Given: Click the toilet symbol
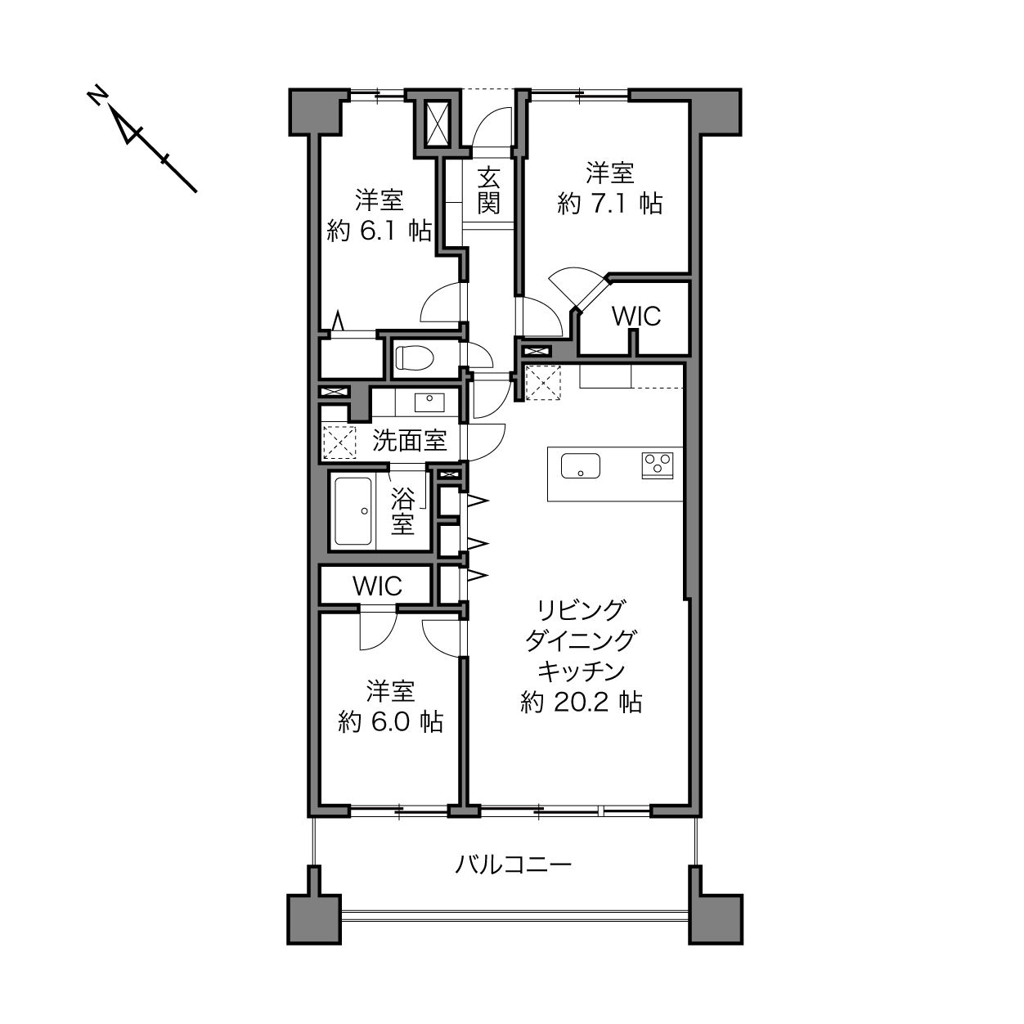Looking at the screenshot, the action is point(415,357).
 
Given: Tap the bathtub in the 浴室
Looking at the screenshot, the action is point(353,510).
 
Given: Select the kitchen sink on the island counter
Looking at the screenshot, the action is point(580,465).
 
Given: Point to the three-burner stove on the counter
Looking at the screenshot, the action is point(658,465).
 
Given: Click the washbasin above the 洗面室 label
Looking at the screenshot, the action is point(429,402).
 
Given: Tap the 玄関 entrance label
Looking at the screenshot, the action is point(487,190).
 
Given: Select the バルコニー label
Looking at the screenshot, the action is point(514,865).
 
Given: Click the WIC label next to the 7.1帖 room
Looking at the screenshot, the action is point(636,317).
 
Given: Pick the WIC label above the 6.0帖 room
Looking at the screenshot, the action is point(377,586).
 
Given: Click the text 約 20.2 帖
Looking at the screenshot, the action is point(582,702).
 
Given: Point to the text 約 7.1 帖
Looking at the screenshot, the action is point(609,203).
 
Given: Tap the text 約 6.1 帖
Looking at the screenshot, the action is point(379,230).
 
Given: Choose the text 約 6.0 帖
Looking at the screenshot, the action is point(391,721).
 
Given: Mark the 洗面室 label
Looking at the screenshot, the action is point(409,440).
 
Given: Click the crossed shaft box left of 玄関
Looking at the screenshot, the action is point(438,124).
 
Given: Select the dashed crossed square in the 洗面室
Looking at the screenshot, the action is point(339,442).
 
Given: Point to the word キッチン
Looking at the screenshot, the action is point(581,671).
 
